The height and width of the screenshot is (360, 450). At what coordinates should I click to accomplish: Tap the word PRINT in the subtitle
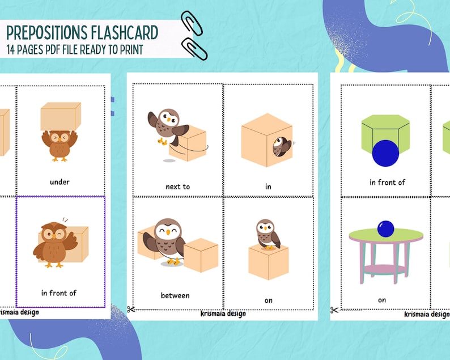coord(129,50)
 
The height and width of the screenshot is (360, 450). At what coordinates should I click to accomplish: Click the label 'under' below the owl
coord(60,182)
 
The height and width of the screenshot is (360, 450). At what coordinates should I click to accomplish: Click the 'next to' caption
coord(177,186)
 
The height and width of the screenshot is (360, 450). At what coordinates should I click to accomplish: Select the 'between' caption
coord(175,295)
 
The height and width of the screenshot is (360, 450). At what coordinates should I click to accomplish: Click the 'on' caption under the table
coord(382,300)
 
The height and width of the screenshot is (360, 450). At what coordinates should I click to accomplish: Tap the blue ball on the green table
coord(386,228)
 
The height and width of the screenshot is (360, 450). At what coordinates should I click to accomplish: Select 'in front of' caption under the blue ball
coord(387,182)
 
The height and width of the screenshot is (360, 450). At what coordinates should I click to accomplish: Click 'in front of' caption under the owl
coord(58,293)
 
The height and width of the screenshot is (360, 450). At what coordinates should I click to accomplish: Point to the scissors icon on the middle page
coord(131,309)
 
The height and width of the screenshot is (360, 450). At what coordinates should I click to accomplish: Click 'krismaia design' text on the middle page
coord(223,314)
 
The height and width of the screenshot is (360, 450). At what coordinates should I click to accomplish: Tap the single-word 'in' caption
coord(268,186)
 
